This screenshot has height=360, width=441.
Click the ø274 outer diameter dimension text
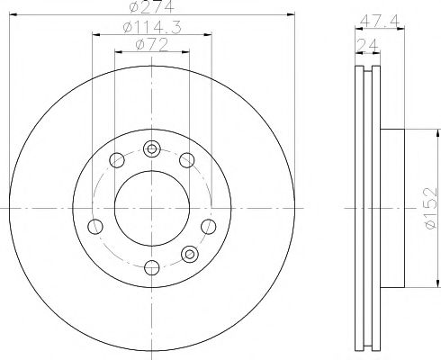click(x=151, y=8)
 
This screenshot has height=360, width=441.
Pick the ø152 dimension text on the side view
click(x=430, y=206)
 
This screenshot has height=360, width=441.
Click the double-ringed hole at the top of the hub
click(x=151, y=148)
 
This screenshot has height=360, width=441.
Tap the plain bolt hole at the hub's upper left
click(x=115, y=161)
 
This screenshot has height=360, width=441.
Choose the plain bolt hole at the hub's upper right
click(x=186, y=160)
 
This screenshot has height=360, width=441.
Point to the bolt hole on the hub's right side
click(x=207, y=226)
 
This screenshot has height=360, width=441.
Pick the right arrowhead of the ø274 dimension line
click(x=290, y=14)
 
